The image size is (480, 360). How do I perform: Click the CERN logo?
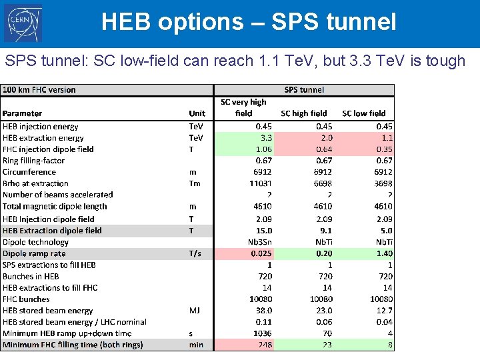pos(23,23)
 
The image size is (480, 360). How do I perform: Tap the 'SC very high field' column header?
pos(243,107)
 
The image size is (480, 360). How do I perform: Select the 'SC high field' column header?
pos(304,113)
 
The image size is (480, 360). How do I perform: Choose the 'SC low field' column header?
pos(364,113)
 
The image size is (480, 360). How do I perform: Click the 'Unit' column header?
pos(197,113)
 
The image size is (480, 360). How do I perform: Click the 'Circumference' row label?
pos(29,172)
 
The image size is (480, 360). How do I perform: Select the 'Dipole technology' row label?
pos(35,242)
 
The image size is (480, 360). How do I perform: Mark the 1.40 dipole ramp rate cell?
pos(383,253)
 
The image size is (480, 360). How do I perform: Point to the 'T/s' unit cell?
pos(195,253)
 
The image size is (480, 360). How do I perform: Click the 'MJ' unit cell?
pos(195,311)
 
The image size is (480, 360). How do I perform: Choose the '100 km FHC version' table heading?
pos(39,90)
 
